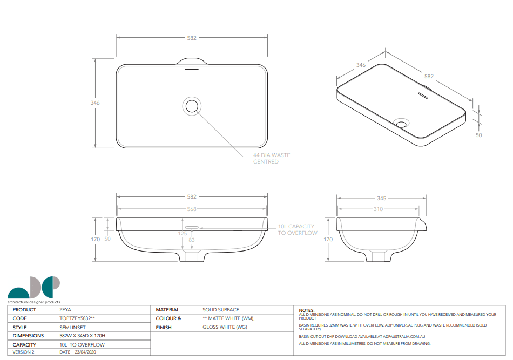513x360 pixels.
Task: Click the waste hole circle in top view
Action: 192,106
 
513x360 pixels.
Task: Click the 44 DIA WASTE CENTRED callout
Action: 271,158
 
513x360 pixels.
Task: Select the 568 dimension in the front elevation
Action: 192,209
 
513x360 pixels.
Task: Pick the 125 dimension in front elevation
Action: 183,233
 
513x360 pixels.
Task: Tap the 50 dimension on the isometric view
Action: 478,135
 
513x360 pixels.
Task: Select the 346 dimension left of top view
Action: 95,103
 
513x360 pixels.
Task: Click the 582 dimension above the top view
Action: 192,38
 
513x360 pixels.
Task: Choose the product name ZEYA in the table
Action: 65,310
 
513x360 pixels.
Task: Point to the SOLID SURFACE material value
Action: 221,310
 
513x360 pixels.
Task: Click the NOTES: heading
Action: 307,310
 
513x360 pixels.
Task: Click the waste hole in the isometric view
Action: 401,123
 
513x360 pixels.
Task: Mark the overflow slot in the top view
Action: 192,69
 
